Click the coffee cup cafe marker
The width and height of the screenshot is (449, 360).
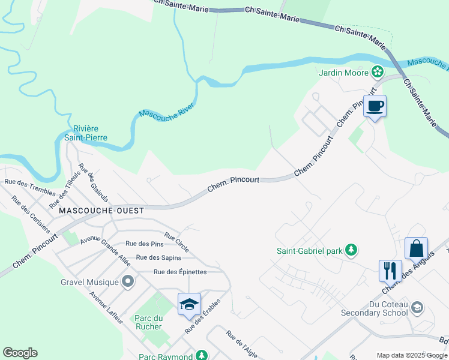[x=375, y=107]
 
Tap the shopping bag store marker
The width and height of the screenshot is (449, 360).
[x=416, y=248]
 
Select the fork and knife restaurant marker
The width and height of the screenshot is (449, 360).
[x=390, y=271]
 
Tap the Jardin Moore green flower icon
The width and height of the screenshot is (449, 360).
[x=377, y=73]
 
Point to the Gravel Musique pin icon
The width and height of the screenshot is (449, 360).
[x=127, y=281]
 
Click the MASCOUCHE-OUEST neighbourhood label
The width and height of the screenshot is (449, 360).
[x=101, y=211]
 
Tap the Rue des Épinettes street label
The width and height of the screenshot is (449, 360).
[x=180, y=272]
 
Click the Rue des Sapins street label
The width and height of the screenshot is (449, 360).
[x=158, y=257]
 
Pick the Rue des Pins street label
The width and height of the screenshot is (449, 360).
[x=144, y=244]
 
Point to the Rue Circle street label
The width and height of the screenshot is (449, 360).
[x=176, y=239]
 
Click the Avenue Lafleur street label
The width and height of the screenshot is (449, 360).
[x=106, y=307]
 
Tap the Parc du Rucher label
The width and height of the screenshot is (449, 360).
[x=148, y=322]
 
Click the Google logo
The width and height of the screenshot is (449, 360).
[x=20, y=353]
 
